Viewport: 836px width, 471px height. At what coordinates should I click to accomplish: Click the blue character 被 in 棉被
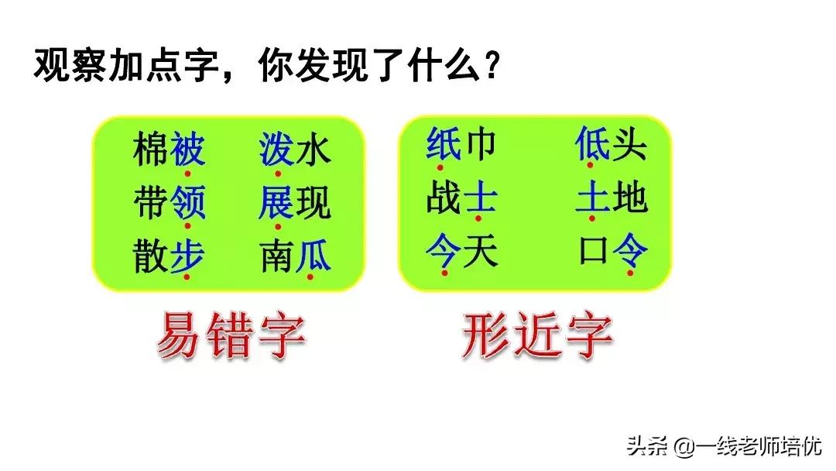coord(187,149)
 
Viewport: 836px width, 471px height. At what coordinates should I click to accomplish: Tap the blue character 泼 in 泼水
coord(277,149)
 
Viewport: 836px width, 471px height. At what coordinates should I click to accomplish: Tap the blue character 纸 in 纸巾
coord(444,145)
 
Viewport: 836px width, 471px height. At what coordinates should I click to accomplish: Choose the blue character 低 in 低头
coord(593,145)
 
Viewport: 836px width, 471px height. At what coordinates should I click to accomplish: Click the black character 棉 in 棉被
coord(151,149)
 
